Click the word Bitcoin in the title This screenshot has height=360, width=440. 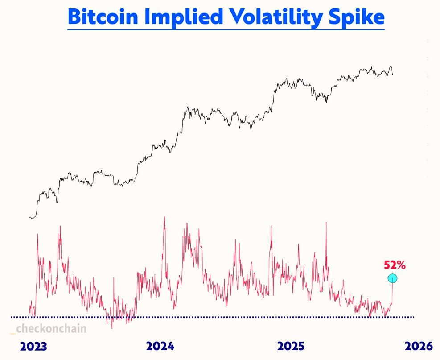(102, 17)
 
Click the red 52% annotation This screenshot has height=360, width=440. (395, 265)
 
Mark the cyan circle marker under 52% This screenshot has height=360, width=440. (392, 279)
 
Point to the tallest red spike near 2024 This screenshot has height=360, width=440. (164, 217)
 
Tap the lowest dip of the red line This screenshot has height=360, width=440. (112, 328)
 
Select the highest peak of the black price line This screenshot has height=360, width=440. (391, 66)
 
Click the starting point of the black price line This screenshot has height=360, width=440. (30, 217)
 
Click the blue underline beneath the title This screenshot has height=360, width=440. (226, 29)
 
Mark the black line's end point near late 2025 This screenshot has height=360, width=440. (393, 74)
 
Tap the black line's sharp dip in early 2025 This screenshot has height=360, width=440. (326, 102)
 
